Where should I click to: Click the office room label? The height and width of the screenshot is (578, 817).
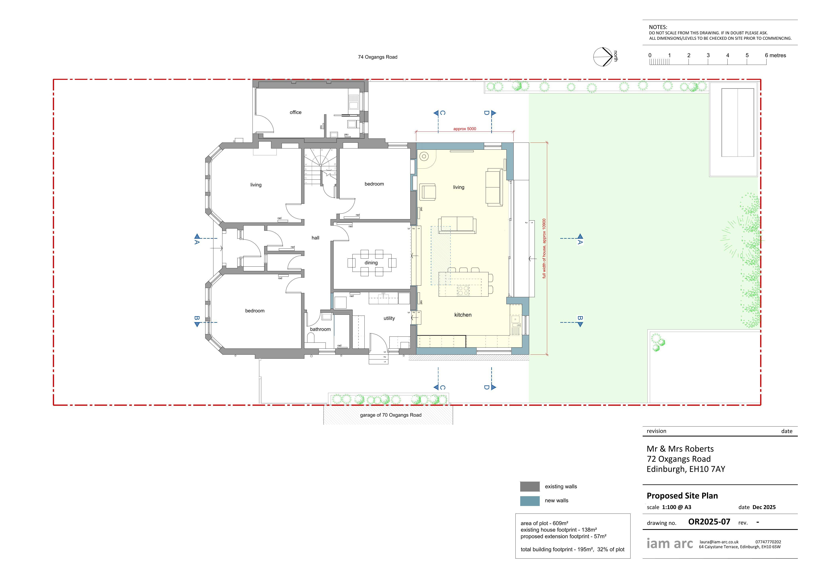(x=295, y=112)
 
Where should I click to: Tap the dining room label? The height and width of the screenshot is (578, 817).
(x=371, y=263)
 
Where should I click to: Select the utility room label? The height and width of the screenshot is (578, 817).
(x=389, y=318)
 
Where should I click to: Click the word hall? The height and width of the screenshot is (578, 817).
(x=315, y=238)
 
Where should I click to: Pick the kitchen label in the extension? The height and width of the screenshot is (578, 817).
(x=463, y=315)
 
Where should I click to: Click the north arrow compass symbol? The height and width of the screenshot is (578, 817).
(x=603, y=57)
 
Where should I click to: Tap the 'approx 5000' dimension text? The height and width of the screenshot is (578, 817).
(x=465, y=129)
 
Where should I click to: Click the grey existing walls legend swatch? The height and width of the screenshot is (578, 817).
(x=530, y=486)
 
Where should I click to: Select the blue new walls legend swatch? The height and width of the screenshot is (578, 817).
(x=530, y=501)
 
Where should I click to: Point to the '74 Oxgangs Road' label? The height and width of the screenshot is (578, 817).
(x=378, y=57)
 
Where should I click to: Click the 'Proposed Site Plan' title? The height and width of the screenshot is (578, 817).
(x=682, y=496)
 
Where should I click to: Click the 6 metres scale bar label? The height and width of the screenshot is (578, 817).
(x=775, y=55)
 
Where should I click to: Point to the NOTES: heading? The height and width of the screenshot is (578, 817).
(x=658, y=27)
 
